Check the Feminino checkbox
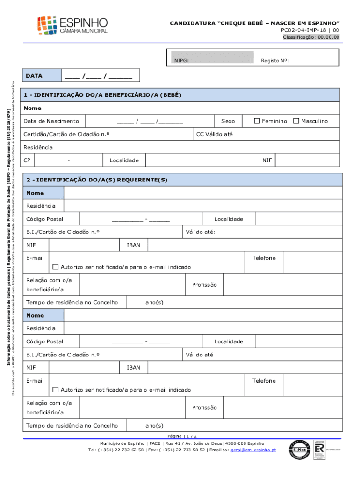click(x=257, y=121)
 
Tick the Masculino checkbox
click(x=296, y=121)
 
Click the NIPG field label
click(x=181, y=61)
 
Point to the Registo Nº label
click(x=275, y=61)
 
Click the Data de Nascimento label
click(x=52, y=121)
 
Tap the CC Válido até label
click(x=214, y=135)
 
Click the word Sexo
click(x=228, y=121)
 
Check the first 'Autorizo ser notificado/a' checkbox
click(x=56, y=267)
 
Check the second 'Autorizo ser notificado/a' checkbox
click(x=56, y=390)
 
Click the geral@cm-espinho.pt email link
click(x=253, y=450)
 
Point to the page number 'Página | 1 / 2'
click(x=180, y=435)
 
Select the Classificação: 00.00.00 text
click(x=311, y=37)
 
